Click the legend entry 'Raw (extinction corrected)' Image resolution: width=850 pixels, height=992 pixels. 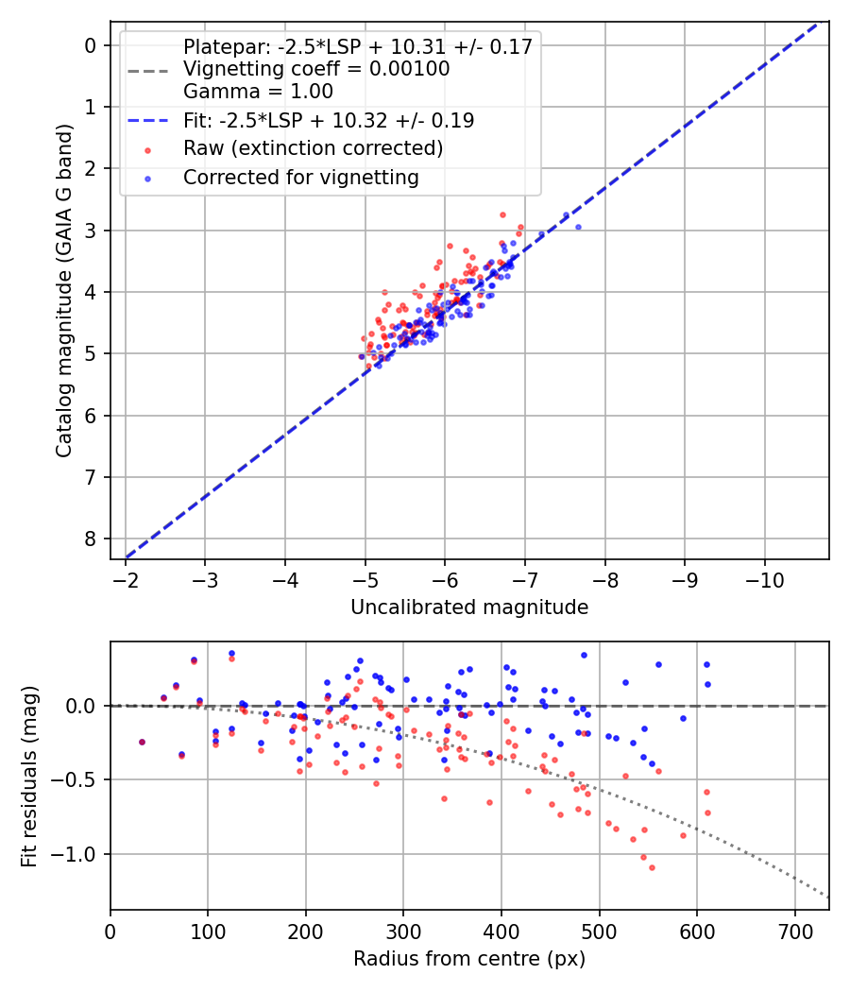pos(313,148)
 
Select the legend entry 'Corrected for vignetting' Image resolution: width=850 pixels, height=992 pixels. pos(300,177)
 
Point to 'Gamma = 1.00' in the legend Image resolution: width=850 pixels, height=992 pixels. pos(258,92)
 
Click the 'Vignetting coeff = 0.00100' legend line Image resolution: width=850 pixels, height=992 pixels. pos(316,69)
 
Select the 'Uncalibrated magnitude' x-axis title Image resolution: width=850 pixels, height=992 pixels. pos(469,607)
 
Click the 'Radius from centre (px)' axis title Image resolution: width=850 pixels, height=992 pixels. pos(469,959)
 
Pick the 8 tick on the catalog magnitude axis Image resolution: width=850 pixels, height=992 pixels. pos(91,539)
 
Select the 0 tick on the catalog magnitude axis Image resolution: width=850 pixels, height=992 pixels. pos(91,45)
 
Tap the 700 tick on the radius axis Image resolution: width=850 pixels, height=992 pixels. pos(794,932)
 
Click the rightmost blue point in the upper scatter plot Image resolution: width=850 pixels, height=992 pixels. pos(578,227)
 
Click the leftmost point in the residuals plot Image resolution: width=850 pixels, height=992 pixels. pos(142,742)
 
